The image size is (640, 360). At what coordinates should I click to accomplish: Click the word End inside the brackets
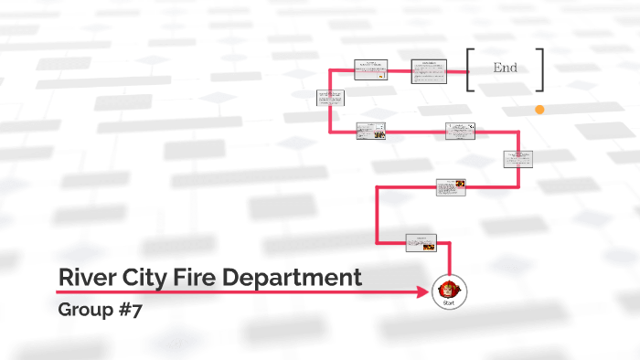tap(506, 68)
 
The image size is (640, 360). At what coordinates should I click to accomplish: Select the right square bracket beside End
tap(540, 69)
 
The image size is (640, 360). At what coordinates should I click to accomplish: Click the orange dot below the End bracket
tap(539, 110)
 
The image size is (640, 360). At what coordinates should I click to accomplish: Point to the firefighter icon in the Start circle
tap(449, 287)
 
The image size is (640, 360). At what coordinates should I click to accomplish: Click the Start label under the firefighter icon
tap(449, 302)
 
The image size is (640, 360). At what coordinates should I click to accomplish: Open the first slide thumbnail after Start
tap(421, 242)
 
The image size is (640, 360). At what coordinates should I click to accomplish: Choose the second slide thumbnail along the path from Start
tap(451, 187)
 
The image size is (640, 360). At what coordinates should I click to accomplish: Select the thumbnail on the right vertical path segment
tap(517, 159)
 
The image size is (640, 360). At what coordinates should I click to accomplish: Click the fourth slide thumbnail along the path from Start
tap(461, 131)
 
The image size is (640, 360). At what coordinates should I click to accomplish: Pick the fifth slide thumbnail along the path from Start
tap(370, 131)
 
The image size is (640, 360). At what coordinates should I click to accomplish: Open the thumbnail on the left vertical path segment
tap(330, 98)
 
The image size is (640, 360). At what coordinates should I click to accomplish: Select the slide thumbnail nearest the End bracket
tap(429, 70)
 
